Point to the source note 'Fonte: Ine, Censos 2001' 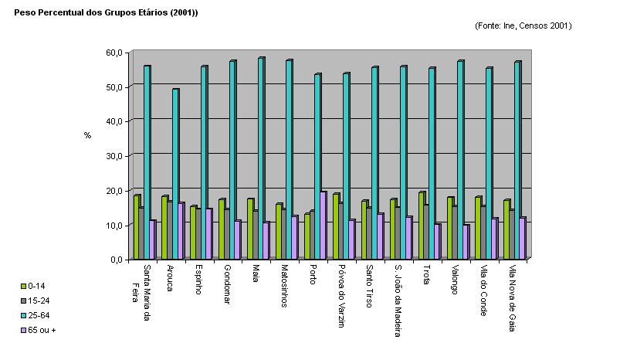(523, 25)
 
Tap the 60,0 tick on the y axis (113, 53)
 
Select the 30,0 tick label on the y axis (113, 156)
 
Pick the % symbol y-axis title (87, 135)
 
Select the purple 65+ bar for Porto (323, 225)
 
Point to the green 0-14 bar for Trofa (422, 225)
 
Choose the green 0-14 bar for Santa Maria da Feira (136, 227)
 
